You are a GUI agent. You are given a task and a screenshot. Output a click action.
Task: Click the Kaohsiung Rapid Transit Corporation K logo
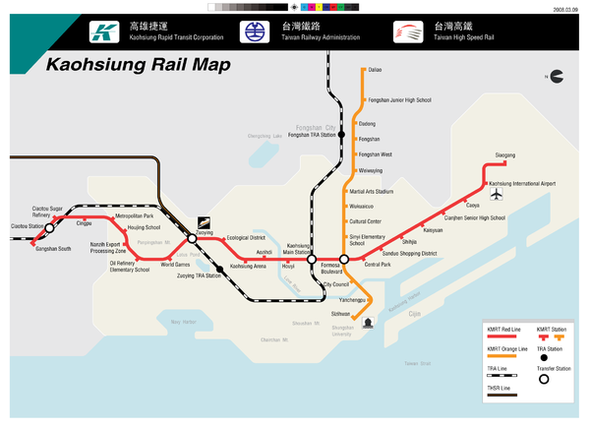click(100, 32)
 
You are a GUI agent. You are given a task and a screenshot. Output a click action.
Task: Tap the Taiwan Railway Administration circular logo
click(254, 32)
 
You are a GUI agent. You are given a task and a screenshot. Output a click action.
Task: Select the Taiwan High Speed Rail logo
click(405, 32)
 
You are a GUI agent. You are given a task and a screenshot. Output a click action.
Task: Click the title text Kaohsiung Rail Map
click(138, 66)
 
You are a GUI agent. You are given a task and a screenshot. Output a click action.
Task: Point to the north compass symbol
click(557, 76)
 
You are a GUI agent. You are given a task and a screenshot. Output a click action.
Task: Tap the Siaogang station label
click(504, 154)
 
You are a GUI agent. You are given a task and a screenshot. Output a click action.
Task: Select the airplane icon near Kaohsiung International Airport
click(496, 193)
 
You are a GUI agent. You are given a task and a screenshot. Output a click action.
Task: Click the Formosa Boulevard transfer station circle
click(344, 259)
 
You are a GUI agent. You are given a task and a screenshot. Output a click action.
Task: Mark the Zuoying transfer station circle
click(193, 238)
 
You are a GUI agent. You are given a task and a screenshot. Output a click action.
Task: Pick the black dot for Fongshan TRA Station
click(341, 135)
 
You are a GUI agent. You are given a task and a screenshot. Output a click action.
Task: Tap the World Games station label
click(176, 264)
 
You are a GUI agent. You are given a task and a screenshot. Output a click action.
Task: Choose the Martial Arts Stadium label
click(372, 192)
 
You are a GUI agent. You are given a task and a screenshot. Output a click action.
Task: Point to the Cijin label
click(414, 314)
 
